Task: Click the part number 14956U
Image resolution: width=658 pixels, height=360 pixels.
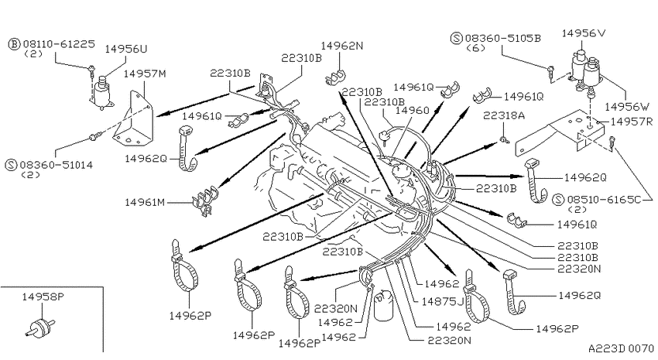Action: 126,49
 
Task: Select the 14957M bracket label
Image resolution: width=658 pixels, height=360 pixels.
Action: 145,74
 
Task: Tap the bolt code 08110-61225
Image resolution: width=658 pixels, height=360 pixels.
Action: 59,43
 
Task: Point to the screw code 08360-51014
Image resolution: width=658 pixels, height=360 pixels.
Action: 56,164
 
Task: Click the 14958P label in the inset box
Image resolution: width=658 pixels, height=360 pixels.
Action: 43,297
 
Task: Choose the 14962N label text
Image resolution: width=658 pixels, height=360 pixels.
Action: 342,46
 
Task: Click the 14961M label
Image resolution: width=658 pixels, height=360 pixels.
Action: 145,202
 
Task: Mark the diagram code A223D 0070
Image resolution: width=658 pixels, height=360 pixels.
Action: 622,348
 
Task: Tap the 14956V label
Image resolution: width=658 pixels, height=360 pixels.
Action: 584,33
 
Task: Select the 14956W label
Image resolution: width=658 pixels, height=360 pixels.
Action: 627,107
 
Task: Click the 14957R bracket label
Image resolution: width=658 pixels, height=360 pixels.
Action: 632,122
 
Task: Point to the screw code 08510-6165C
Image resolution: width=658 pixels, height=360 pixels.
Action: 604,199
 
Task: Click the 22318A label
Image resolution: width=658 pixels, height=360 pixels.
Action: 504,115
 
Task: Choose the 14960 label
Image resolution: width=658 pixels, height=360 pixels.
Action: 413,110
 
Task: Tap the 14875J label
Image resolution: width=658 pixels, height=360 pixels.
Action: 442,302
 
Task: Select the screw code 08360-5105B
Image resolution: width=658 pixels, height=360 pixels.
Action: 502,38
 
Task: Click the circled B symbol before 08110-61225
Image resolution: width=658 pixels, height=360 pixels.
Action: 14,43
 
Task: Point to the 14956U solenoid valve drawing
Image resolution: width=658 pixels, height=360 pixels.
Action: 101,92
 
